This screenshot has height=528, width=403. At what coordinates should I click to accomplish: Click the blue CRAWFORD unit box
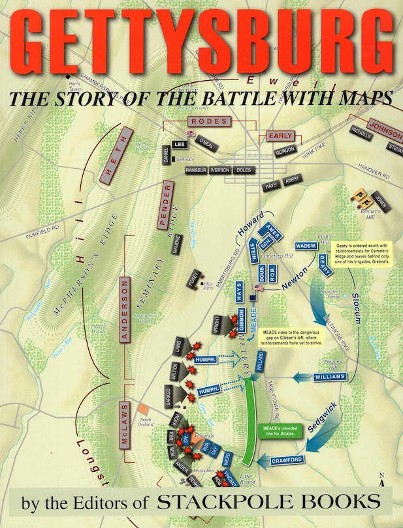point(287,460)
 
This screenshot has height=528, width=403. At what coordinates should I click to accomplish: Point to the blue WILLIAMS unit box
point(330,376)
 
